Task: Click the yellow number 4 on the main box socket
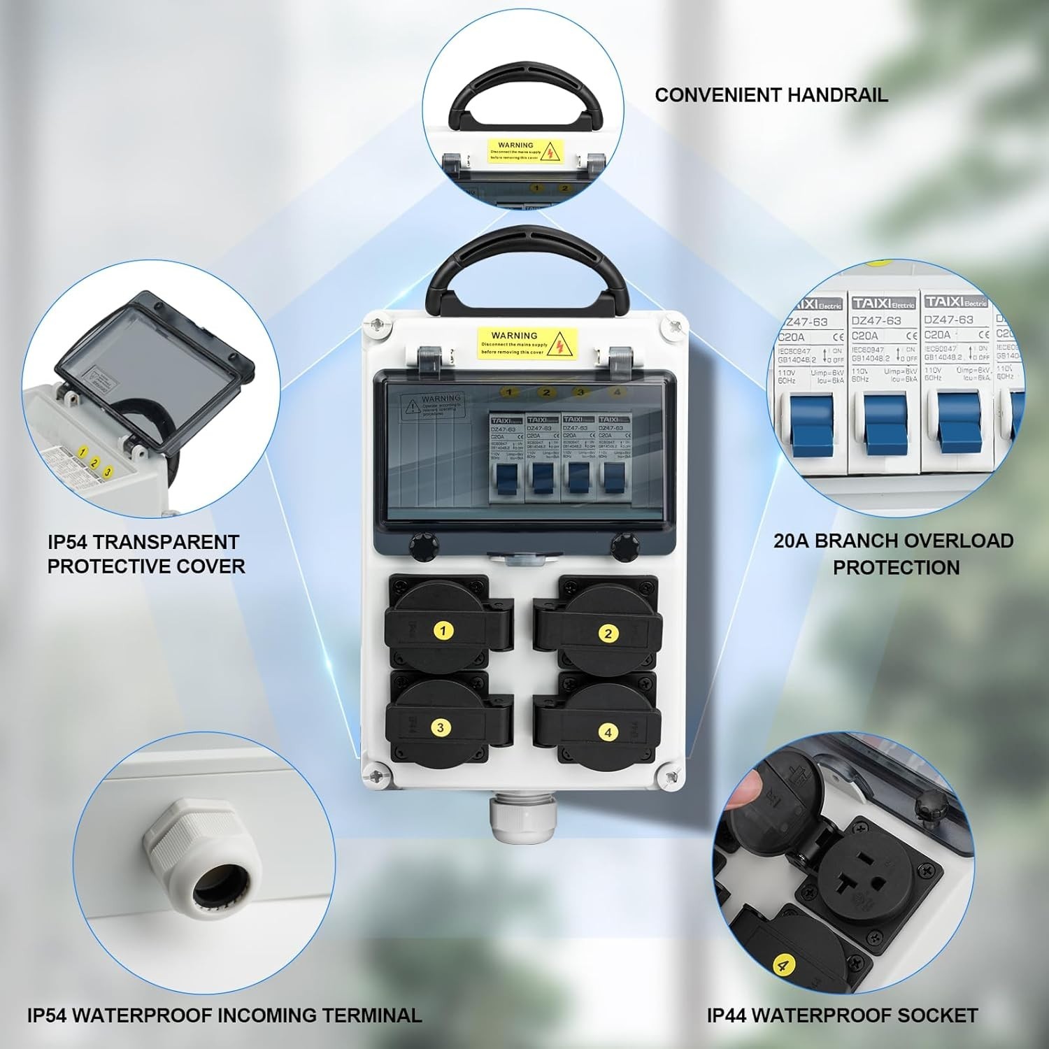coord(608,732)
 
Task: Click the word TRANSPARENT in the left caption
coord(166,542)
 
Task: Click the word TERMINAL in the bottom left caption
coord(372,1015)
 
